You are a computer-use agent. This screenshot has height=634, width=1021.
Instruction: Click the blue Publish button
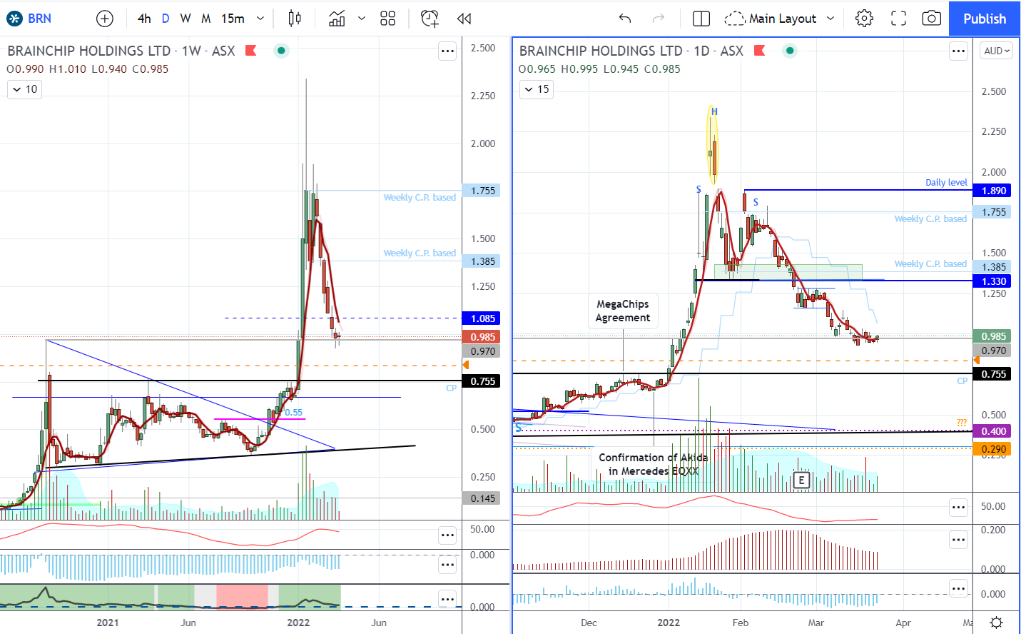(984, 19)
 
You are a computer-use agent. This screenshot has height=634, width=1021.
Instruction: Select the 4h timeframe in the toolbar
(144, 19)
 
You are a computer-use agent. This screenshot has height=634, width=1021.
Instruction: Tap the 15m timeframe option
(233, 19)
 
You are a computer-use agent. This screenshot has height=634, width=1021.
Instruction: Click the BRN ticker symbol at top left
(39, 19)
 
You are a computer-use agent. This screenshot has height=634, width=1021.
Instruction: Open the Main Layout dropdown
(781, 19)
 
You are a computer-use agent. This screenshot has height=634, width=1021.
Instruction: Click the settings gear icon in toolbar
(864, 19)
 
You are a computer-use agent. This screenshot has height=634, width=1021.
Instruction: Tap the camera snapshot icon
(931, 19)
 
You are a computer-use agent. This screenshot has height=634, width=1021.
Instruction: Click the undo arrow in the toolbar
(625, 19)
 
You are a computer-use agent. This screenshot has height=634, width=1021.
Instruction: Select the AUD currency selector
(996, 51)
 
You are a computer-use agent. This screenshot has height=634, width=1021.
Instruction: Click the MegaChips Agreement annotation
(623, 311)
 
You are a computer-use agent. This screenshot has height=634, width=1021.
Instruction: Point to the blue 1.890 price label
(994, 191)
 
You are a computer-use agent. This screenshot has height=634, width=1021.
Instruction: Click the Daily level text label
(946, 182)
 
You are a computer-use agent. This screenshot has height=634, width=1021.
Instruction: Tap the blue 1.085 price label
(483, 318)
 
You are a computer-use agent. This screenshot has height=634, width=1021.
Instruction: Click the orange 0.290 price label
(994, 449)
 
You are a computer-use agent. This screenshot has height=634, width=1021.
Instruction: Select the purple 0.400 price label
(994, 431)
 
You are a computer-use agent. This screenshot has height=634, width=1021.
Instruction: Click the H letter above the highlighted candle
(714, 111)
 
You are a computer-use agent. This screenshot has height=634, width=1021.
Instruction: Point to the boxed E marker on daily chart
(802, 480)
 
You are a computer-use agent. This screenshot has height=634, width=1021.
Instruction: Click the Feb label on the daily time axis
(741, 623)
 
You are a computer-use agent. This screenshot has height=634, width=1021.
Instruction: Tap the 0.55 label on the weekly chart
(294, 413)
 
